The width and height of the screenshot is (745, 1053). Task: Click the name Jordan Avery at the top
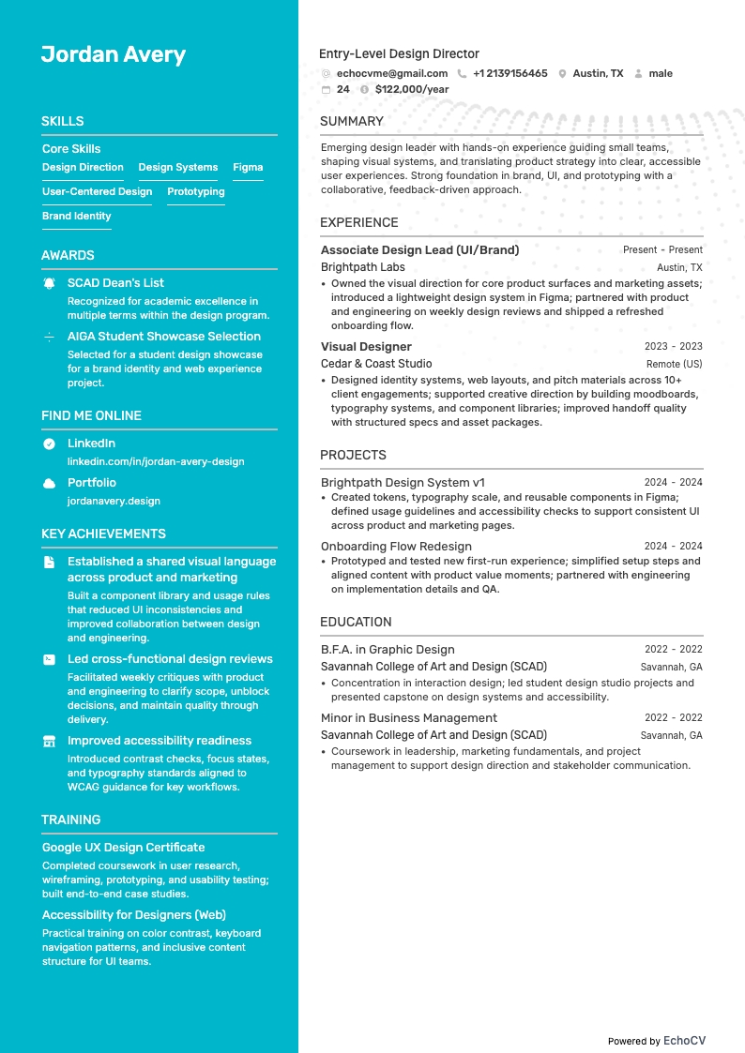point(114,54)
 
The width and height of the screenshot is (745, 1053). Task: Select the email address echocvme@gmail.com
point(391,73)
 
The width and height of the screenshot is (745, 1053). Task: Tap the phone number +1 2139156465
point(509,73)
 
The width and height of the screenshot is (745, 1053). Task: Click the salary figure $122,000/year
point(411,89)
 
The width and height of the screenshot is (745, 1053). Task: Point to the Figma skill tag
point(248,168)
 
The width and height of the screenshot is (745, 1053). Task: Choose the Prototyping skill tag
point(195,192)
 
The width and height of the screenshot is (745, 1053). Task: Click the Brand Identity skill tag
point(76,217)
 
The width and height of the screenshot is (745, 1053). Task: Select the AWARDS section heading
point(68,255)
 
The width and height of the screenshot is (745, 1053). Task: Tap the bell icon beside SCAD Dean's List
point(49,282)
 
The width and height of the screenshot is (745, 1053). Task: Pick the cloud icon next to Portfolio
point(49,483)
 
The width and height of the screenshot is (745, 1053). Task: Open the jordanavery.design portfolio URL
point(114,501)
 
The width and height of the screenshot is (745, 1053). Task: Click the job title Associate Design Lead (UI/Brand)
point(419,250)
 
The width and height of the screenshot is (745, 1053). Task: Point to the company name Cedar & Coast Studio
point(376,364)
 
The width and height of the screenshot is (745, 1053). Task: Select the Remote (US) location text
point(674,364)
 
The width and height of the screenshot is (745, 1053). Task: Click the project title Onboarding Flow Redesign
point(396,547)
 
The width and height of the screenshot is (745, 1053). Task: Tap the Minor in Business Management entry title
point(409,718)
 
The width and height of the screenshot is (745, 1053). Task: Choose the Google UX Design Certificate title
point(123,848)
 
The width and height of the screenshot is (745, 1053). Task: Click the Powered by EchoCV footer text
point(656,1041)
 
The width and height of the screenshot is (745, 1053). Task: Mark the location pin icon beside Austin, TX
point(562,73)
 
